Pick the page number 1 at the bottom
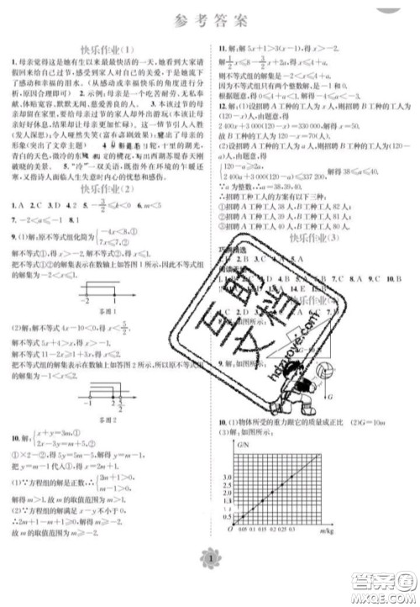pyautogui.click(x=210, y=583)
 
